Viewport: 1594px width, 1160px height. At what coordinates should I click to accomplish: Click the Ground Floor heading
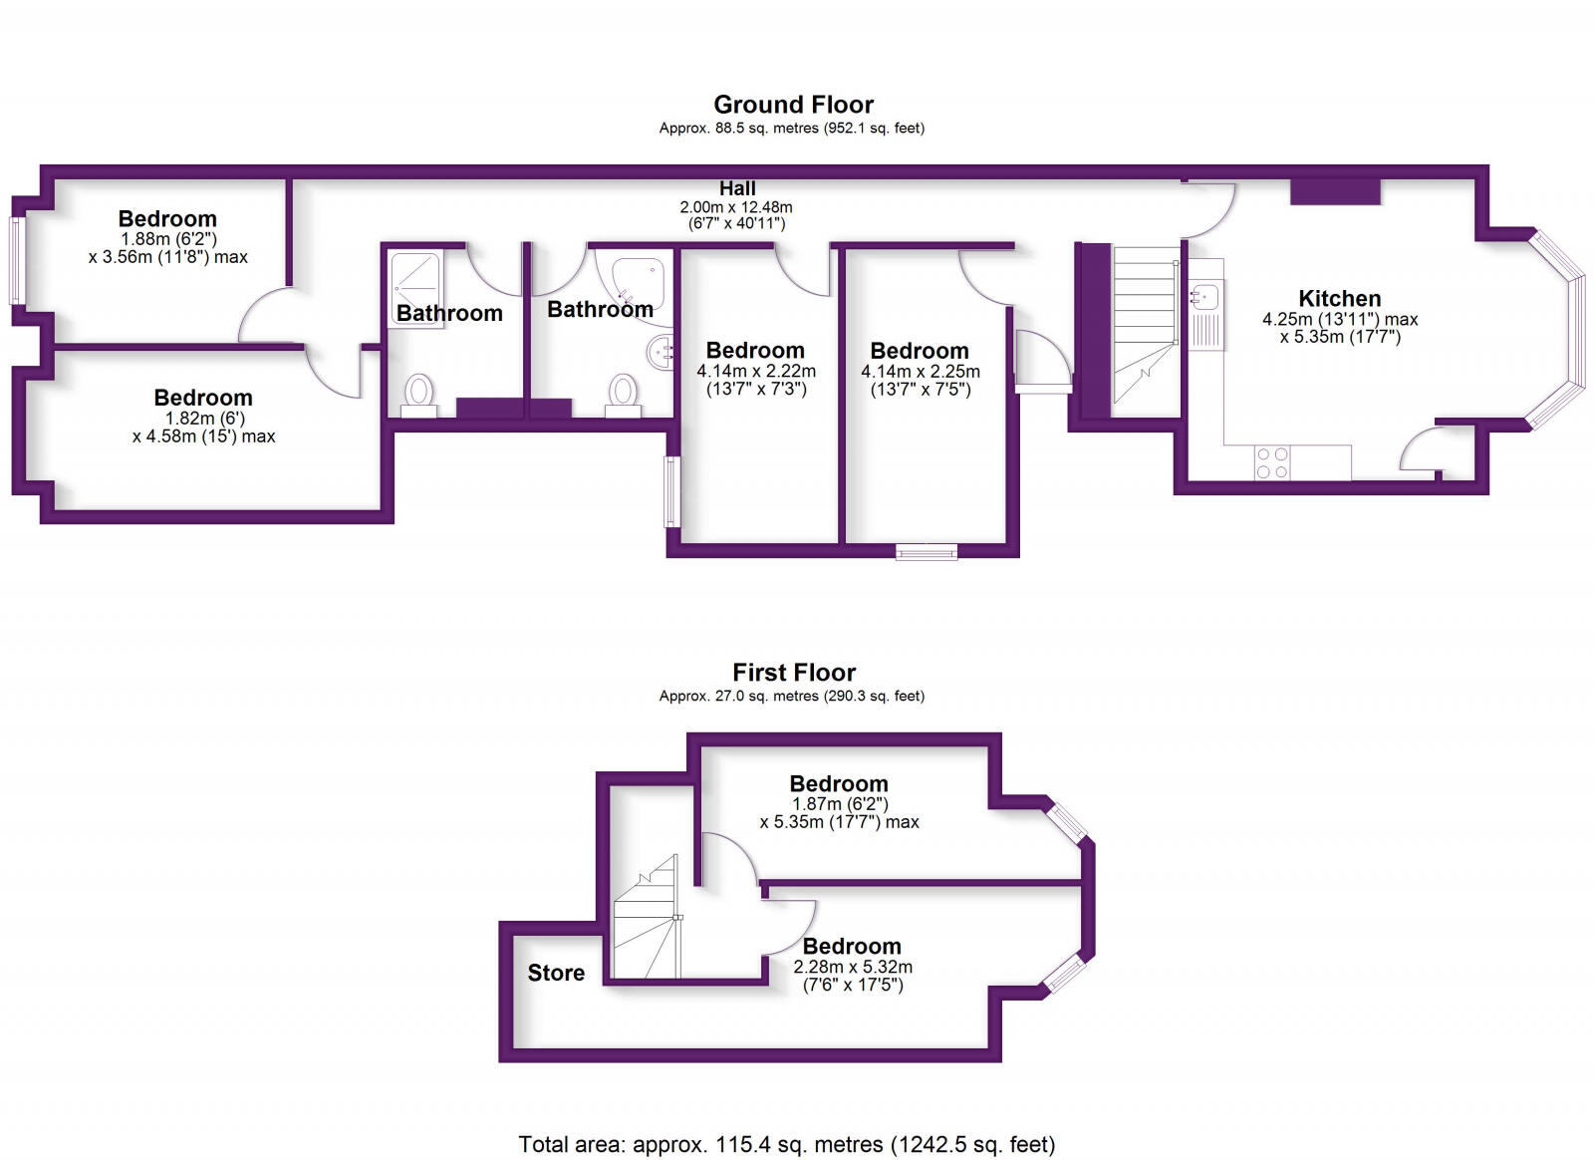(x=793, y=105)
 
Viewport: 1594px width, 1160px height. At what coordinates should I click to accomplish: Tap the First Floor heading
(x=793, y=673)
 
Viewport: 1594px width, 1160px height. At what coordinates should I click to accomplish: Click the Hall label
(x=737, y=188)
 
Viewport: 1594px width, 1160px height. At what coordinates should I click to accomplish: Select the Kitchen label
(x=1339, y=298)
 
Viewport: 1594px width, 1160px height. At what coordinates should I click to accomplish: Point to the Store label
(x=556, y=973)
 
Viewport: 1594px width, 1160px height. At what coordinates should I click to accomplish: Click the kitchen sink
(x=1204, y=296)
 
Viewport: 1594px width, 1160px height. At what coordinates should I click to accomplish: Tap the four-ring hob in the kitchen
(x=1272, y=462)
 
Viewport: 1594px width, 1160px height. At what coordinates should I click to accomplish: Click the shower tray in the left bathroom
(x=415, y=284)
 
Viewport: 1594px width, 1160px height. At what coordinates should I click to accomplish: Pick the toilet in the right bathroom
(x=624, y=392)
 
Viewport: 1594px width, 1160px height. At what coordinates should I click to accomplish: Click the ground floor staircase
(x=1145, y=331)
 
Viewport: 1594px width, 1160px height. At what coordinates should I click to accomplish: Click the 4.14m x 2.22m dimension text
(x=756, y=371)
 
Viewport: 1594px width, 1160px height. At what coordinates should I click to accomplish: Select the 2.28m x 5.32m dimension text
(x=853, y=967)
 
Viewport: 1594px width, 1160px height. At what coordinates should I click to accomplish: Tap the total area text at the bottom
(x=786, y=1144)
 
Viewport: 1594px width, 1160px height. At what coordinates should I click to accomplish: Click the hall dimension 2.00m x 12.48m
(x=736, y=207)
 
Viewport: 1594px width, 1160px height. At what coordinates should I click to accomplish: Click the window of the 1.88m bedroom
(x=16, y=260)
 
